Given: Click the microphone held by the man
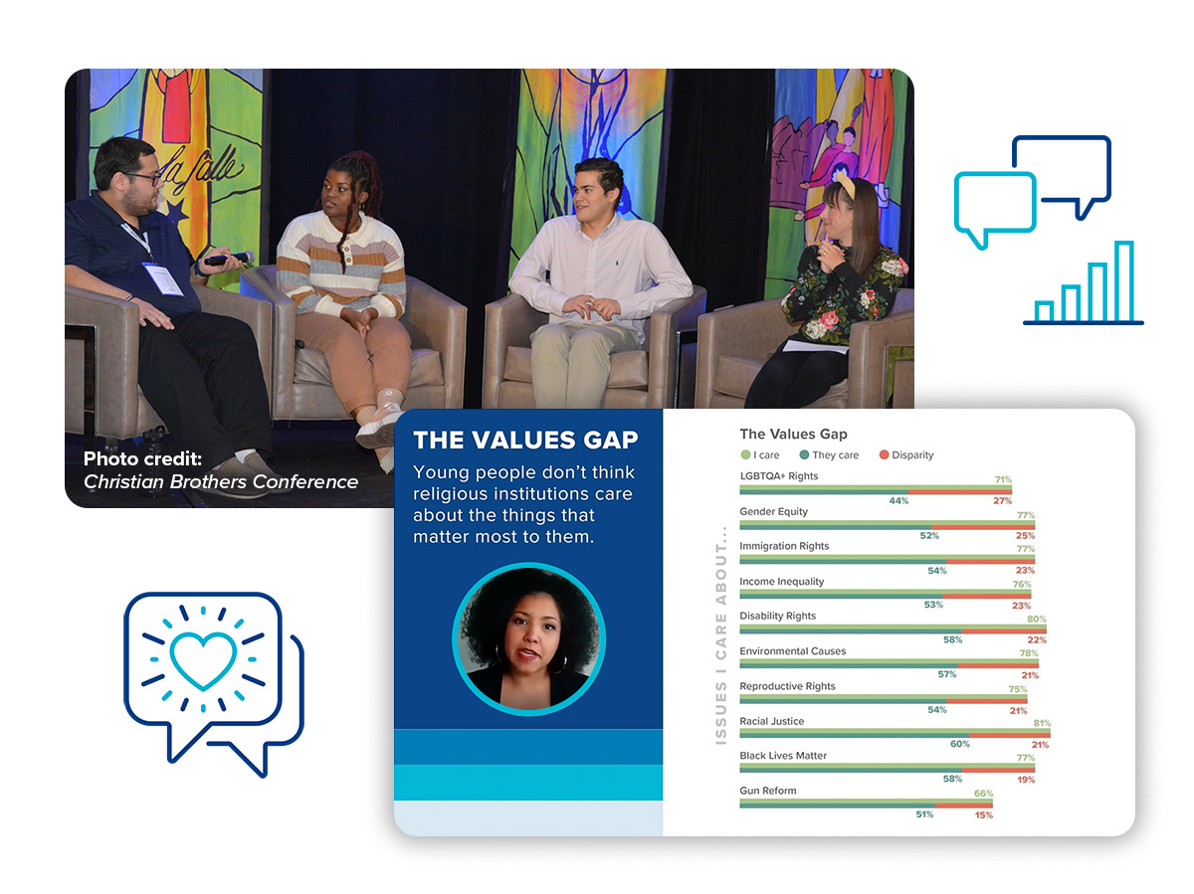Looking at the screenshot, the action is pos(229,259).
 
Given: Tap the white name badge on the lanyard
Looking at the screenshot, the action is pos(162,278).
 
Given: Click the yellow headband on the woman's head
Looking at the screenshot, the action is pos(845,185).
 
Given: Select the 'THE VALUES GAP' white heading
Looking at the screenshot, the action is pos(525,440).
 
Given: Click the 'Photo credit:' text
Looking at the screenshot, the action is pos(142,458).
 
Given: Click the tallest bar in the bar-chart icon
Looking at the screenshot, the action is pos(1123,281).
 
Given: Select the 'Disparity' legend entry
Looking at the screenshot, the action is pos(906,454).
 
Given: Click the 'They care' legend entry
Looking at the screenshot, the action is pos(829,454).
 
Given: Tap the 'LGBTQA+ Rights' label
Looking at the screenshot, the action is pos(778,476).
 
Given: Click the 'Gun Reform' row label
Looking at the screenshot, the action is pos(767,791).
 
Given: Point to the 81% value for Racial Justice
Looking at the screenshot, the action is pos(1042,723).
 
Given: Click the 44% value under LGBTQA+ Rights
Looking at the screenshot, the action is pos(898,500).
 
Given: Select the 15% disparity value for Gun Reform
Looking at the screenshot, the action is pos(983,814).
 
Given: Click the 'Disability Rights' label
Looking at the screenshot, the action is pos(777,616).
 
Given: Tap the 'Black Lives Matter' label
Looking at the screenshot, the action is pos(783,756).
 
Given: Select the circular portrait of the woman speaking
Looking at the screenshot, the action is pos(528,638).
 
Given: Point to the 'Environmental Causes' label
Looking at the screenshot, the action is pos(793,651).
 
